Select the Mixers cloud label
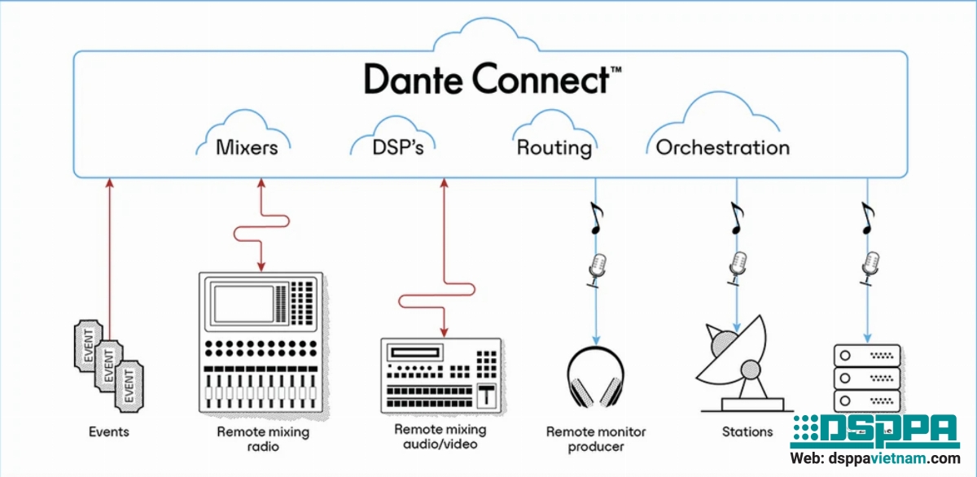pyautogui.click(x=247, y=148)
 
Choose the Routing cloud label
pyautogui.click(x=554, y=148)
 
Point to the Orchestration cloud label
pyautogui.click(x=722, y=148)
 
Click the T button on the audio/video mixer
pyautogui.click(x=487, y=395)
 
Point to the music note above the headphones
pyautogui.click(x=597, y=219)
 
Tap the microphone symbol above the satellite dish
pyautogui.click(x=738, y=266)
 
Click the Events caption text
pyautogui.click(x=108, y=432)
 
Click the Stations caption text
pyautogui.click(x=747, y=432)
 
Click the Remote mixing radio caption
pyautogui.click(x=262, y=439)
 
